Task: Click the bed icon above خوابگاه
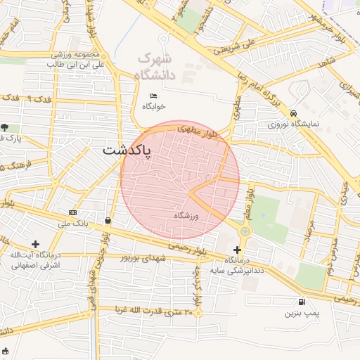(x=154, y=96)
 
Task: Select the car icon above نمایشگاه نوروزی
(x=293, y=113)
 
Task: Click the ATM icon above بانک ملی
(x=73, y=212)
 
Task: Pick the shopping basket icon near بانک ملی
(x=107, y=221)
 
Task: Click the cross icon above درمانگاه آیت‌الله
(x=36, y=244)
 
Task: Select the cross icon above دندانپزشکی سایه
(x=237, y=250)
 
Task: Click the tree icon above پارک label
(x=5, y=127)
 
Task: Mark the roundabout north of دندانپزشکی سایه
(x=245, y=231)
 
